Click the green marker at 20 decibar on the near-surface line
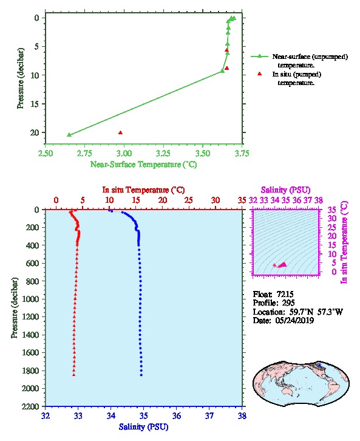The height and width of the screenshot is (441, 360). pos(69,135)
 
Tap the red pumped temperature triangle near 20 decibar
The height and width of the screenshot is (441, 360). pos(120,133)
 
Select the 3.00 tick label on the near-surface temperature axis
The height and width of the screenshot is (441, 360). pos(124,153)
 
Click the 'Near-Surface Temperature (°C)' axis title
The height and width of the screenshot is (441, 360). pos(143,165)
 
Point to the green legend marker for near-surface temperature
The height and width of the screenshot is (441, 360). pos(259,56)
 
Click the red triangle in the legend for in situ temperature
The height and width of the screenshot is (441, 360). pos(259,73)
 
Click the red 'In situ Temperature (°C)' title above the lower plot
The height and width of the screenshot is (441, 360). pos(143,190)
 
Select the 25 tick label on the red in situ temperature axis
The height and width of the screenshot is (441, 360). pos(189,200)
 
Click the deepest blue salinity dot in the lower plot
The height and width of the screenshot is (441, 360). pos(141,375)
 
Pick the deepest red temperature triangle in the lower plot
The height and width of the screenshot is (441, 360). pos(73,375)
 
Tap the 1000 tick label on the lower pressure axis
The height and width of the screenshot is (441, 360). pos(30,299)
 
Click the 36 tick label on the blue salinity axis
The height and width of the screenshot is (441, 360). pos(177,415)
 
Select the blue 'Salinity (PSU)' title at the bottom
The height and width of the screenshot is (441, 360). pos(144,427)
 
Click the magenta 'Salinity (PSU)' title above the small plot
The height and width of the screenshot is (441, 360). pos(286,190)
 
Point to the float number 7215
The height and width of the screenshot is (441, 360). pos(285,294)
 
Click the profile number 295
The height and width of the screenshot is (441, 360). pos(288,303)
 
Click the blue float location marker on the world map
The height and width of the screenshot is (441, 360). pos(319,365)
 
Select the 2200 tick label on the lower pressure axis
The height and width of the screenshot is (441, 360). pos(30,406)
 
